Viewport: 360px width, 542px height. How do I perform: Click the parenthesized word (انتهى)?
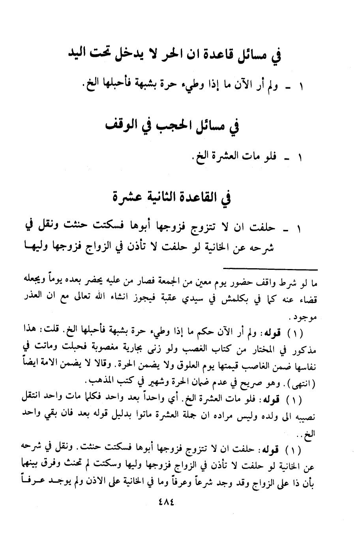click(x=300, y=383)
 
